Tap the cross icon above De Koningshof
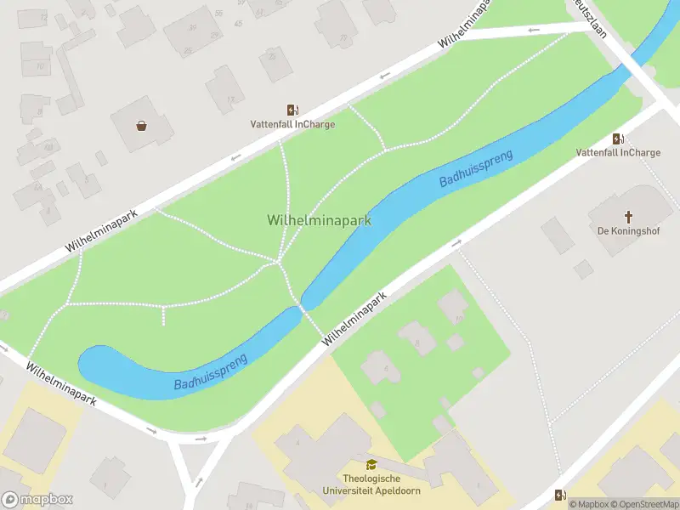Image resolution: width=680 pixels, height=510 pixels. tap(629, 216)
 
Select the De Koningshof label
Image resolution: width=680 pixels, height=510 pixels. tap(629, 231)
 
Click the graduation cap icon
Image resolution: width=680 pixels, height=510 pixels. tap(371, 464)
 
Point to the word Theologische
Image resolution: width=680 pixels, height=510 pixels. tap(371, 479)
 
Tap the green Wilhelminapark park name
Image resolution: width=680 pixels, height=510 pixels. tap(320, 220)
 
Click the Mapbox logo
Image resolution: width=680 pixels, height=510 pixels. tap(37, 500)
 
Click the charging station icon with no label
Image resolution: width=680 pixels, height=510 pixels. tap(559, 495)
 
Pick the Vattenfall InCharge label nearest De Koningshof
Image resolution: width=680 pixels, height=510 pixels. tap(618, 153)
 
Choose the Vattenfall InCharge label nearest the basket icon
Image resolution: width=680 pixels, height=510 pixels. tap(292, 124)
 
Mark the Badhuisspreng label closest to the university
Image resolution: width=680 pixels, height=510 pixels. tap(211, 372)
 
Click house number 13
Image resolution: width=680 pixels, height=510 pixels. tap(230, 99)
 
